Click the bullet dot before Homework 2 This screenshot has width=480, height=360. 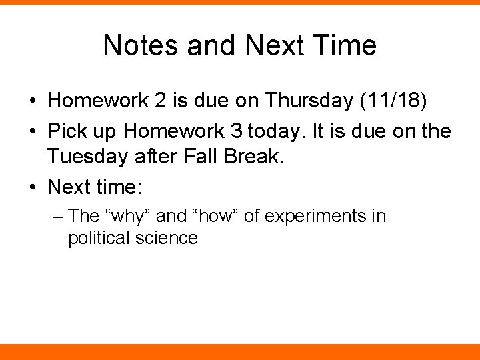(x=32, y=101)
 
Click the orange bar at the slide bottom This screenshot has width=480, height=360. (x=240, y=351)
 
